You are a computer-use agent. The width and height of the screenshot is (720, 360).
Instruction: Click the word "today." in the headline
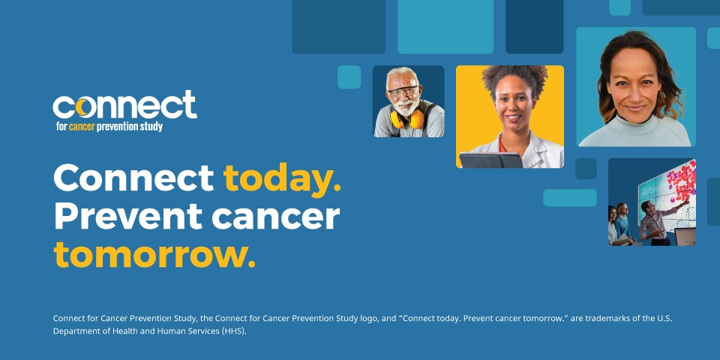[283, 179]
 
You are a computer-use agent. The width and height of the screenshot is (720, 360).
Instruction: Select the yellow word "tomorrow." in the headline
[154, 255]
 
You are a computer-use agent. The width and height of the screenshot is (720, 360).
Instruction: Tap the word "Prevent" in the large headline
[128, 216]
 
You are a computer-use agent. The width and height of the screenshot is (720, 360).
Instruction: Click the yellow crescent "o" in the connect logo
[82, 107]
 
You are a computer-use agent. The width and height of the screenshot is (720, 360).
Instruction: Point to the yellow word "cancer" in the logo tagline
[82, 127]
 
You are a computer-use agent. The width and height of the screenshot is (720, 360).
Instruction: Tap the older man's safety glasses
[403, 91]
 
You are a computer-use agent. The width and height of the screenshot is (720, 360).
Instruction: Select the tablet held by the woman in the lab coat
[490, 160]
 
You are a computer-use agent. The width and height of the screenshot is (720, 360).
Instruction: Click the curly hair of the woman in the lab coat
[514, 77]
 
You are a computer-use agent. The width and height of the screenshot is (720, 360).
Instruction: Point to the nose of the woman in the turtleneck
[634, 91]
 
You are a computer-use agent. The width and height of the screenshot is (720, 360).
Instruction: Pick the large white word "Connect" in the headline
[134, 178]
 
